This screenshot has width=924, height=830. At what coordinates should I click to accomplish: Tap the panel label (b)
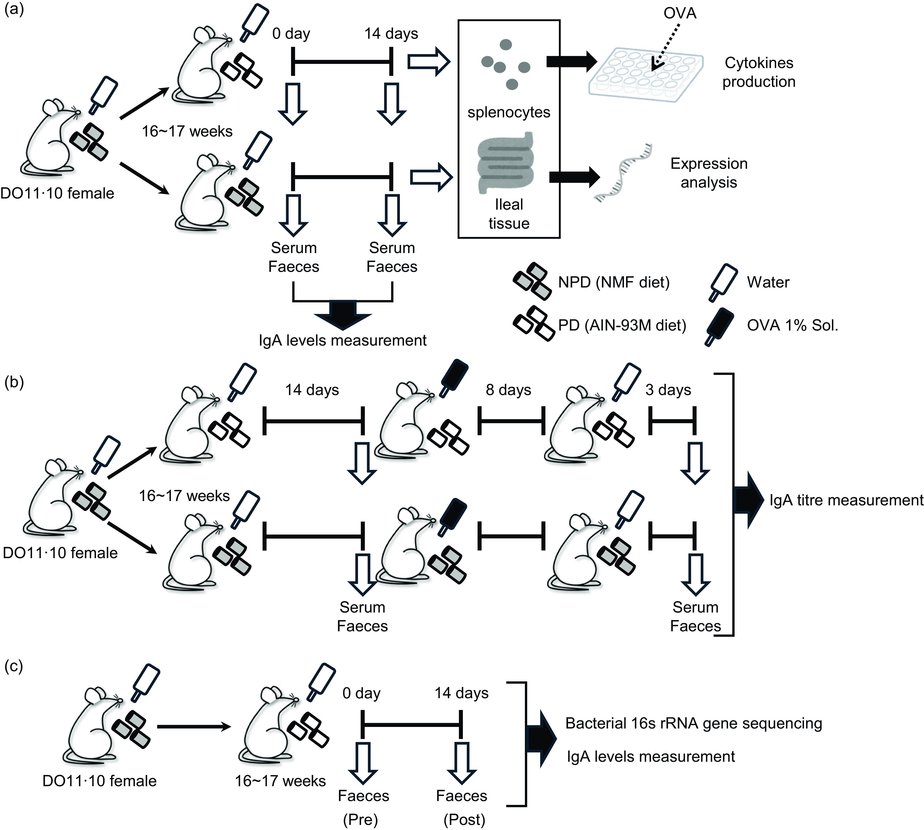point(14,382)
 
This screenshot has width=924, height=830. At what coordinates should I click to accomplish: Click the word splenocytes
point(508,112)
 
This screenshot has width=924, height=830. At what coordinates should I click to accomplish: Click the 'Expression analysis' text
point(709,173)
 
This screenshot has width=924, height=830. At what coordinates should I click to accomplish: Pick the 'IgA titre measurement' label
point(846,500)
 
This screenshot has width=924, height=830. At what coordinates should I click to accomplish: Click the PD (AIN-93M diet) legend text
point(622,325)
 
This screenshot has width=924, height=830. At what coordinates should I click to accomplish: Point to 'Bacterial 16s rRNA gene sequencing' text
point(693,723)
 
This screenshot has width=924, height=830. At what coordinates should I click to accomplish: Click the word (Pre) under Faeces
point(360,819)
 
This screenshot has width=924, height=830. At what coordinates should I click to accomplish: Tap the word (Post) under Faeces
point(464,819)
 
